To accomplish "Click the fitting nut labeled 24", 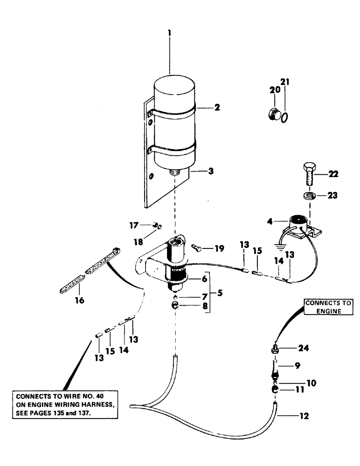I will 275,348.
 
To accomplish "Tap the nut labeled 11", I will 276,390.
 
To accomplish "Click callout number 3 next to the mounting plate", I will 210,171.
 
